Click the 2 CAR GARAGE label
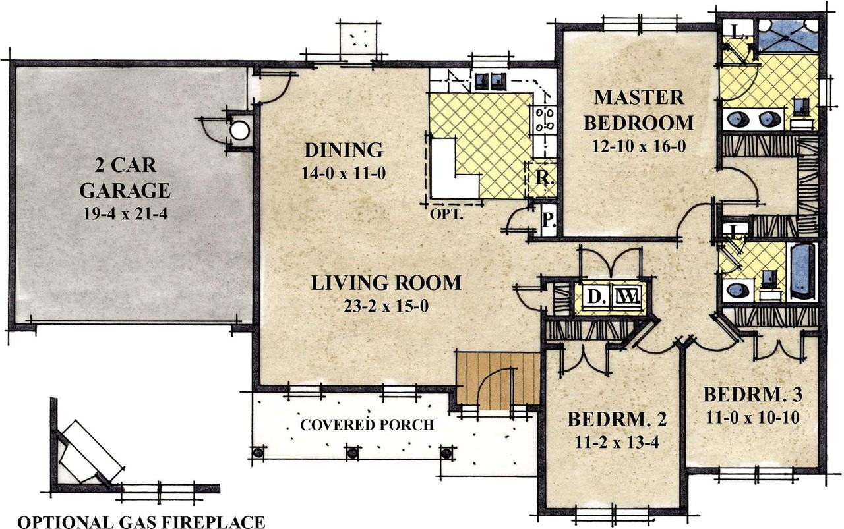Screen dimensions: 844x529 (125, 178)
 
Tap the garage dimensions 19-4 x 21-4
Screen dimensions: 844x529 (125, 214)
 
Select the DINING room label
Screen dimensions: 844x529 (344, 150)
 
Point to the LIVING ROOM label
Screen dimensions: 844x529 (386, 283)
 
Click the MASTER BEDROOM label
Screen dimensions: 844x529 (639, 110)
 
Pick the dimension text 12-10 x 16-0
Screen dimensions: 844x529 (639, 146)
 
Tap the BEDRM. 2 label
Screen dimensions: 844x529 (617, 420)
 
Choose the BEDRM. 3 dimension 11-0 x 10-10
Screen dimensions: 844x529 (753, 418)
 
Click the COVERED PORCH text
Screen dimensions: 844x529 (367, 425)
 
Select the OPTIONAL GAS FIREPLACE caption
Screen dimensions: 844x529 (141, 522)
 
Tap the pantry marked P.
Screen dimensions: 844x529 (549, 220)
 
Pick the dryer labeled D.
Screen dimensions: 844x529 (594, 297)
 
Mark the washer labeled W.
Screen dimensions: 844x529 (626, 297)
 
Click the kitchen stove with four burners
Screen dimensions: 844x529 (545, 120)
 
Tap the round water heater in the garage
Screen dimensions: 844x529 (240, 130)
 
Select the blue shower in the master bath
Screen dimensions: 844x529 (788, 36)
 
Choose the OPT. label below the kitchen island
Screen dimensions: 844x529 (446, 215)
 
